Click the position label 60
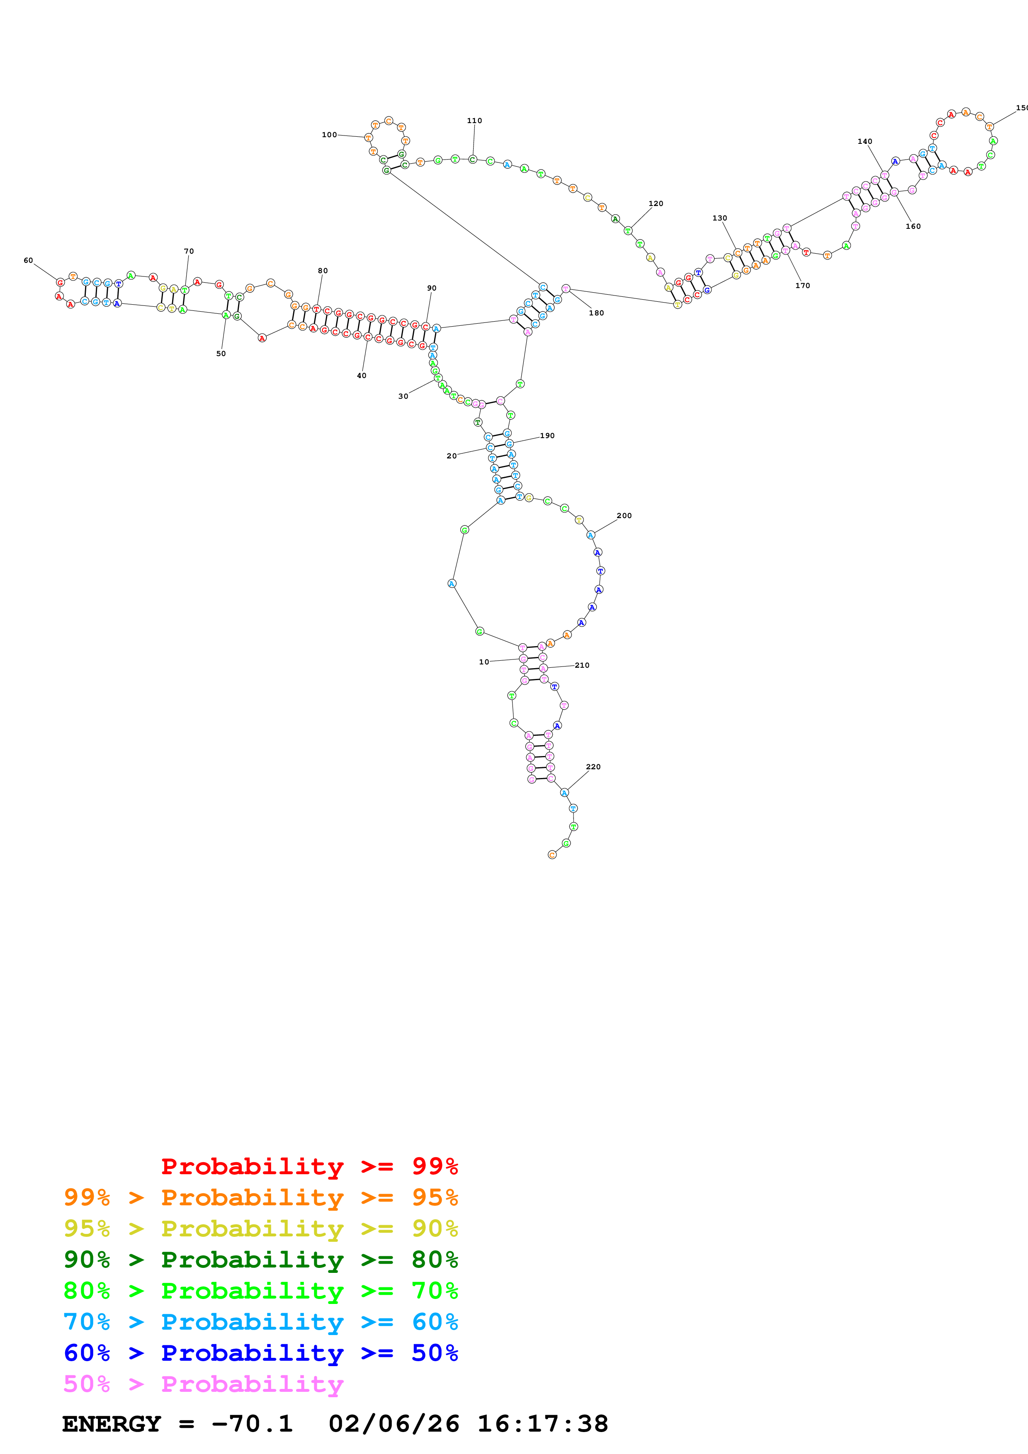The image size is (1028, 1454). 28,260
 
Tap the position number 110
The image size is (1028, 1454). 474,120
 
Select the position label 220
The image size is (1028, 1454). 593,766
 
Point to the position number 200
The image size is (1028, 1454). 624,516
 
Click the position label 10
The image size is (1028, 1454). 484,662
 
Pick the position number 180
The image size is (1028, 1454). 596,313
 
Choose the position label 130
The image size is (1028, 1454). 719,218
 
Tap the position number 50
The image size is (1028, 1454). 221,354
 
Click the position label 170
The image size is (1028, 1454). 802,286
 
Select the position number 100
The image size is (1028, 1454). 329,134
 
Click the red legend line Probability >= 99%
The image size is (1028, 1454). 309,1166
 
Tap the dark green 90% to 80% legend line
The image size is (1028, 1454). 260,1260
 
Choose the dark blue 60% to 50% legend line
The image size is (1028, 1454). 260,1353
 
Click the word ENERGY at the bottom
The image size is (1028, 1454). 112,1424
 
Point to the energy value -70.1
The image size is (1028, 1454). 251,1424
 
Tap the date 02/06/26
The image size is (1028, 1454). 394,1424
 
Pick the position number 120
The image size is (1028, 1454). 656,203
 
